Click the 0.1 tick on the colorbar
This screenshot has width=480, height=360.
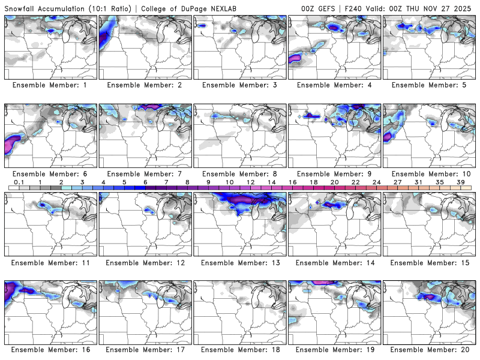point(19,182)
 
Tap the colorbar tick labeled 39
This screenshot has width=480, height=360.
point(461,182)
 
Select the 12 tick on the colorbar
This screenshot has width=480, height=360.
point(250,182)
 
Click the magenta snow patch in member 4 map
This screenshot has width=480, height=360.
point(295,58)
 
